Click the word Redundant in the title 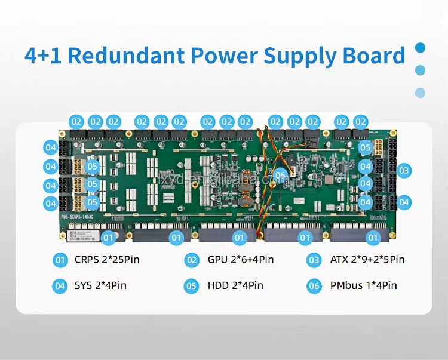(130, 56)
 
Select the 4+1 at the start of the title (45, 56)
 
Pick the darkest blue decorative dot (421, 47)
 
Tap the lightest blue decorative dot (421, 93)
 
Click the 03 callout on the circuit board (404, 171)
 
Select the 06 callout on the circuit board (280, 175)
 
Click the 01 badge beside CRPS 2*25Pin (60, 260)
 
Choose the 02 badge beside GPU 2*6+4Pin (191, 260)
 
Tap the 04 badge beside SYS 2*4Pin (60, 285)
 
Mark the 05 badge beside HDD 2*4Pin (191, 285)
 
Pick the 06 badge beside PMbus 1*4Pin (314, 285)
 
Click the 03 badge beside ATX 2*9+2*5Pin (314, 260)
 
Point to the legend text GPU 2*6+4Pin (241, 260)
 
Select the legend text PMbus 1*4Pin (363, 285)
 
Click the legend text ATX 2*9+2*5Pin (367, 260)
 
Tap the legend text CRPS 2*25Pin (108, 260)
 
